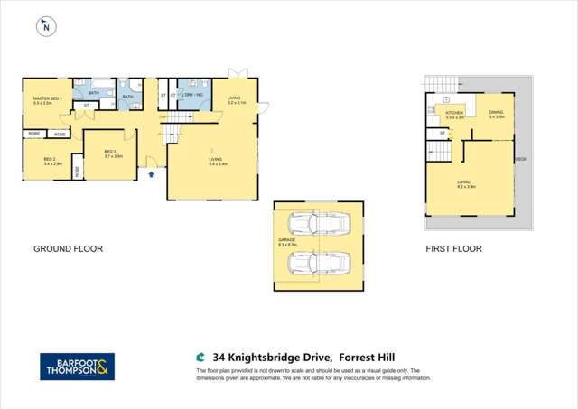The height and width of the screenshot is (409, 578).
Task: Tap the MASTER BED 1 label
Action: click(x=42, y=99)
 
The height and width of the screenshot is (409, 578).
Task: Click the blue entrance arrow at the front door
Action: click(x=151, y=174)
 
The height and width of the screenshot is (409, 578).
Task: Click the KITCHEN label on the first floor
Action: click(x=454, y=114)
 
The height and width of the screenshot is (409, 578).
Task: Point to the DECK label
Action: click(x=519, y=159)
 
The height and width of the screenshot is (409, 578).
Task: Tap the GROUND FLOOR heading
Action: click(x=68, y=248)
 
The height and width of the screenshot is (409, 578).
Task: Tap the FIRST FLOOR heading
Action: click(x=454, y=248)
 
